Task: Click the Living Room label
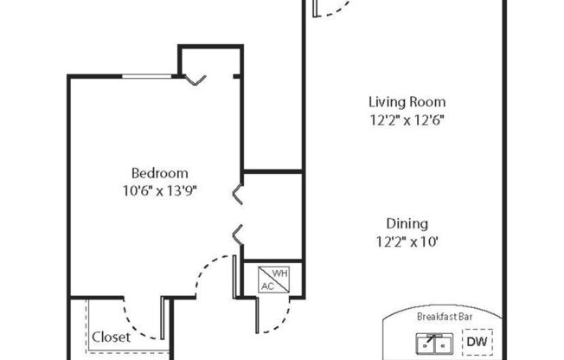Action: [x=401, y=102]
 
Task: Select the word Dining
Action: [x=407, y=223]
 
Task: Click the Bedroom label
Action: [x=159, y=173]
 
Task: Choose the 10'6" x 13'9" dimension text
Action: [x=158, y=191]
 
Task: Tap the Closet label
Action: [x=111, y=337]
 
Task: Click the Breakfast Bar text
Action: [x=442, y=317]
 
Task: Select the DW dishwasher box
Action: [x=477, y=342]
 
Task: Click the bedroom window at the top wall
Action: [x=150, y=77]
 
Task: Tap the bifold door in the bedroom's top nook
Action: [x=195, y=80]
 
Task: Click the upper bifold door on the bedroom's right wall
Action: [x=238, y=195]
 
